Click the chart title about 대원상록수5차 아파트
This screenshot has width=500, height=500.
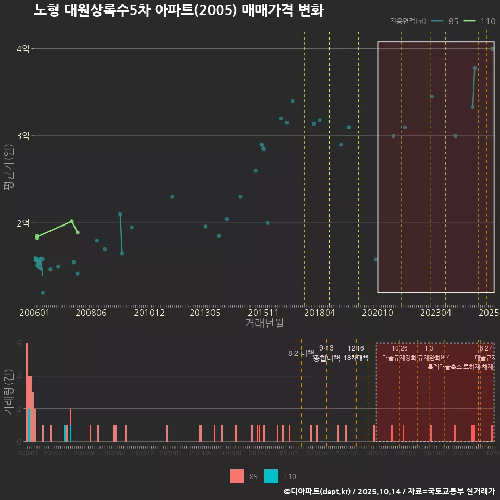pyautogui.click(x=179, y=10)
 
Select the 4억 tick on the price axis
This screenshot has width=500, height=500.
pyautogui.click(x=23, y=49)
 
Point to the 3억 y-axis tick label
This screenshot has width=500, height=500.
pyautogui.click(x=23, y=136)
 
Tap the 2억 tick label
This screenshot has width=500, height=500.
pyautogui.click(x=23, y=223)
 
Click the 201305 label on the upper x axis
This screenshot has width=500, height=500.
pyautogui.click(x=205, y=312)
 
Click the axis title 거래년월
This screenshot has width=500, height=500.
pyautogui.click(x=264, y=323)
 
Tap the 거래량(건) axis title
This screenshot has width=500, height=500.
pyautogui.click(x=8, y=392)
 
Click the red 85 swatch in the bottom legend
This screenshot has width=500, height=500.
pyautogui.click(x=237, y=476)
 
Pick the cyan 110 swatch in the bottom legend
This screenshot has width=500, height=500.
pyautogui.click(x=271, y=476)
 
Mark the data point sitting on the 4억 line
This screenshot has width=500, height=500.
pyautogui.click(x=492, y=48)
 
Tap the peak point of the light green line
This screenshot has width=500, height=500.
pyautogui.click(x=72, y=221)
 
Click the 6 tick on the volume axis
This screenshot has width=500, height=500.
pyautogui.click(x=19, y=343)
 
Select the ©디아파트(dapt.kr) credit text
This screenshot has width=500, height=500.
pyautogui.click(x=317, y=491)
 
